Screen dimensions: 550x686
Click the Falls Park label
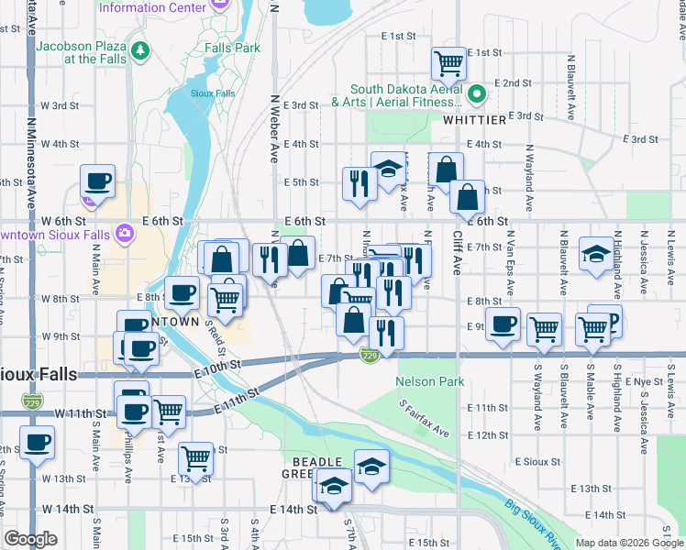coord(233,48)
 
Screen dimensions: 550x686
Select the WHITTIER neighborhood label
coord(474,120)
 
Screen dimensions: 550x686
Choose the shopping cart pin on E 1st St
coord(448,64)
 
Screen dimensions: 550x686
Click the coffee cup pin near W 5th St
coord(97,181)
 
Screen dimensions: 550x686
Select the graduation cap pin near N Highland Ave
coord(596,256)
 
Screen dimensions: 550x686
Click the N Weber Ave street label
coord(274,128)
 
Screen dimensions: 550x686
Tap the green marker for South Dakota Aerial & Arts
coord(477,93)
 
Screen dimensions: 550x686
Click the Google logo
coord(31,539)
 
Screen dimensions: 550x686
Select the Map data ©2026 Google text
coord(628,543)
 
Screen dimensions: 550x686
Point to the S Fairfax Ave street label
coord(424,417)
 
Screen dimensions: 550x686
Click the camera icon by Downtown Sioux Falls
coord(124,234)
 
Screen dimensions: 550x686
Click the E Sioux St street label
coord(537,461)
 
